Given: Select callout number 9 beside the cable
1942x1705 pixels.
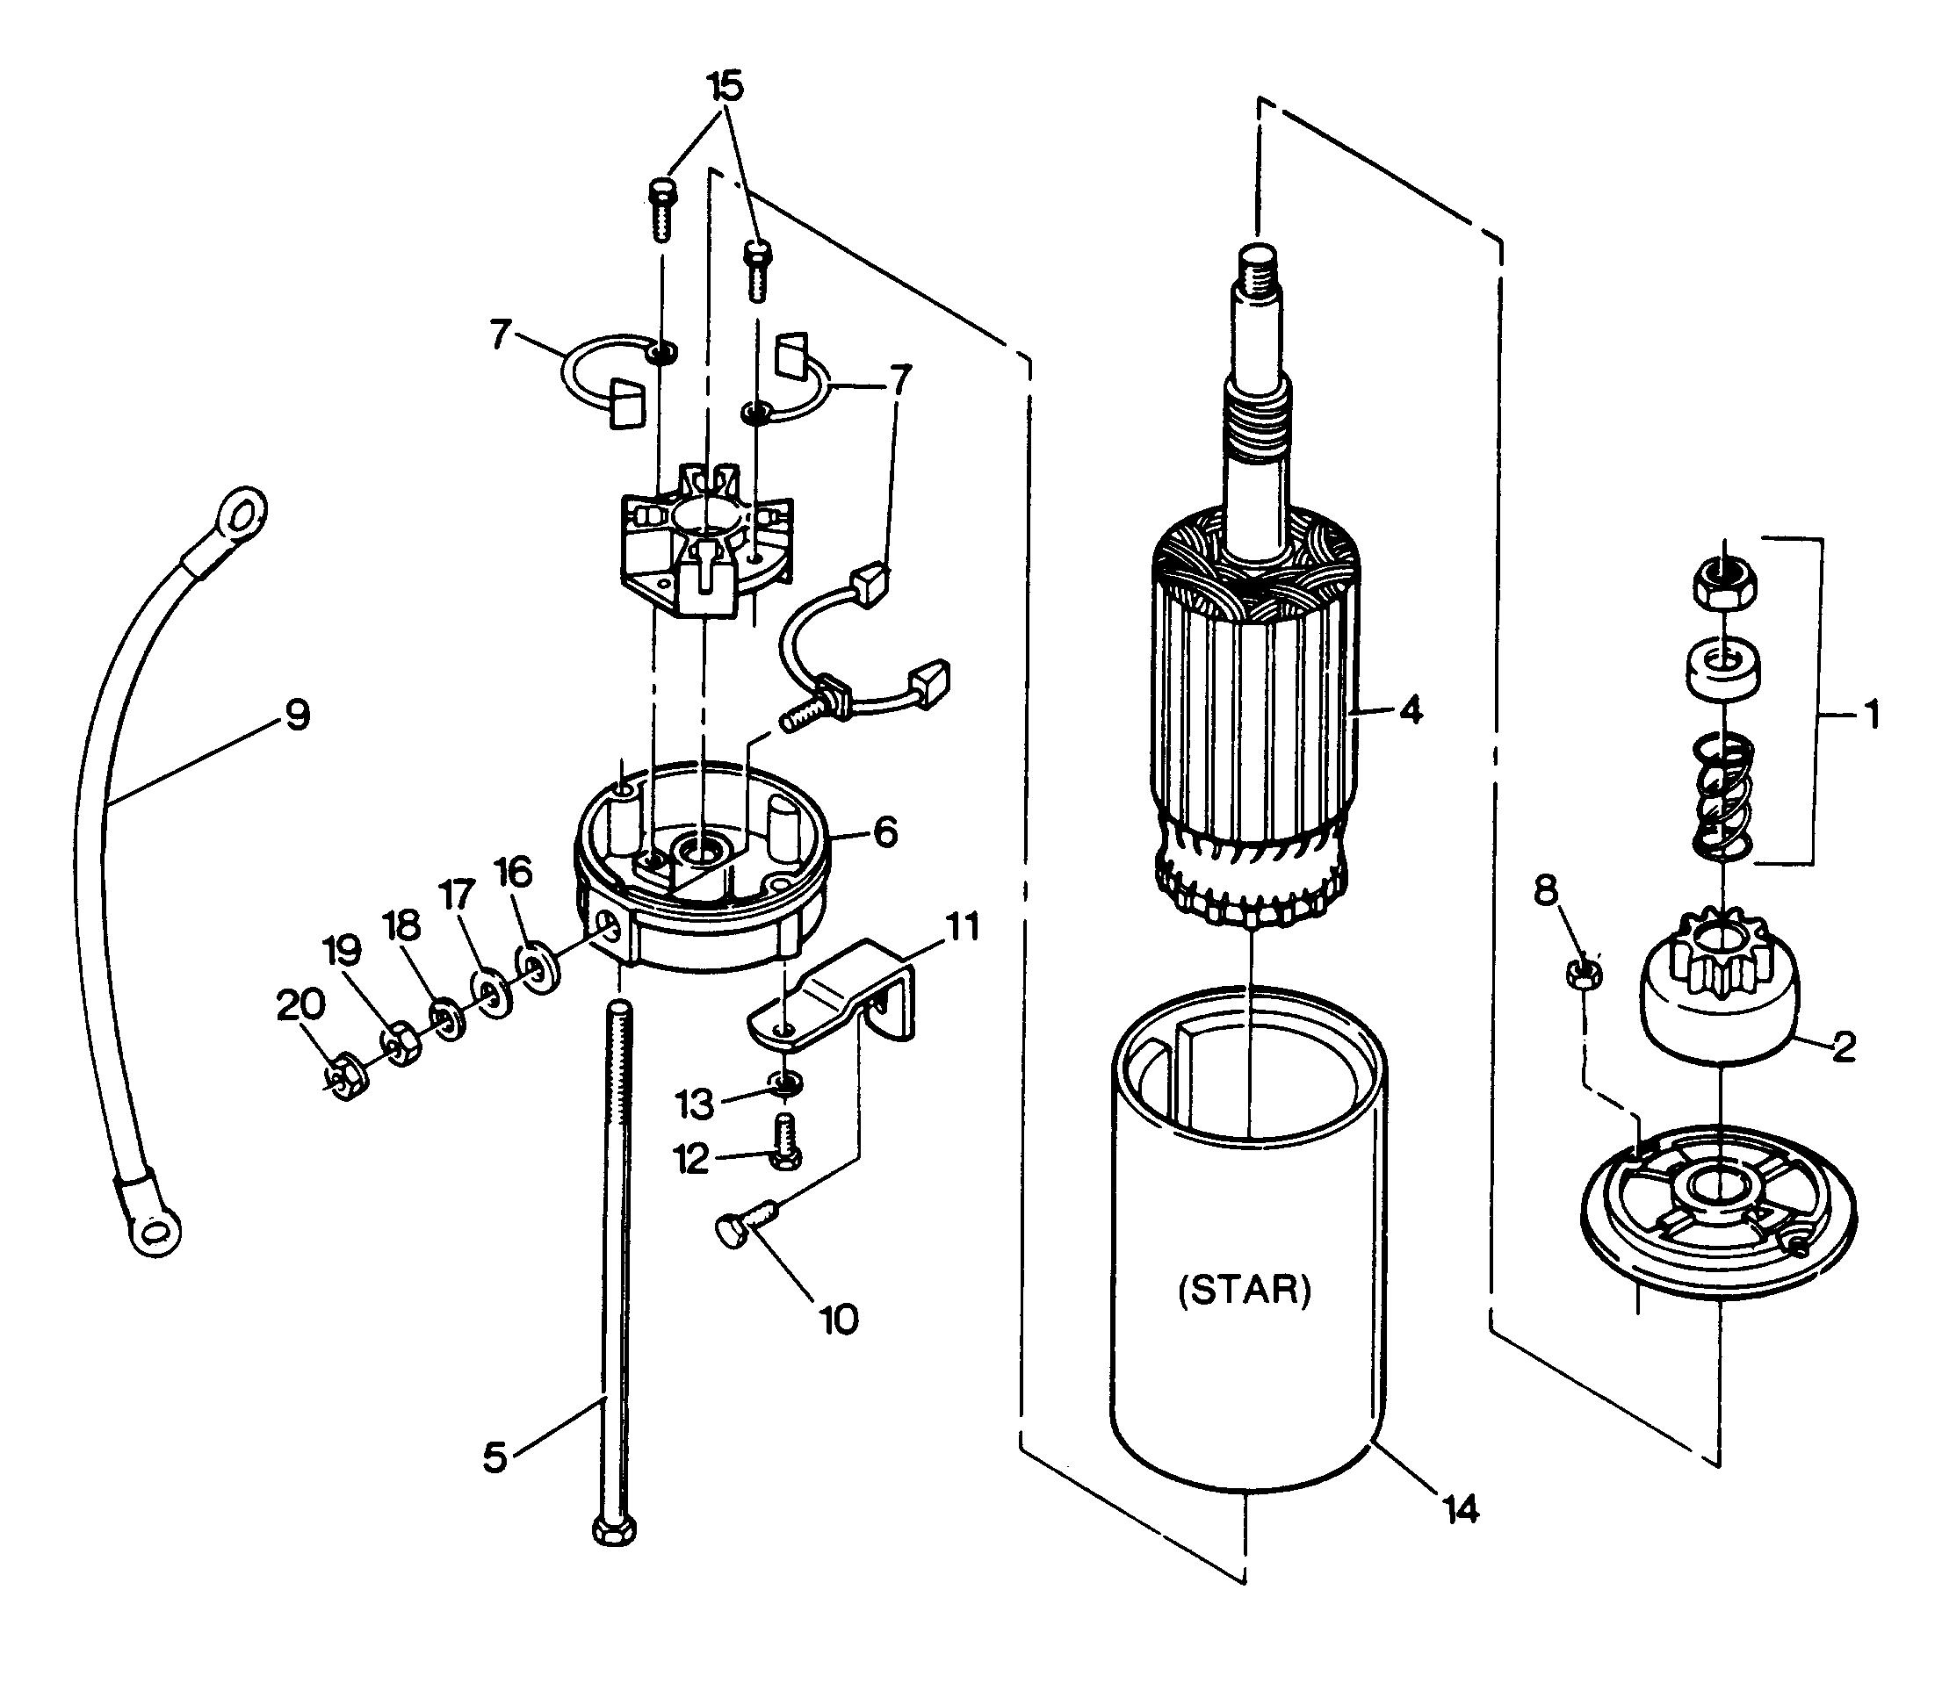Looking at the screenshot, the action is pos(298,715).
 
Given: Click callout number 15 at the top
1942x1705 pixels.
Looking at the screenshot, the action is pos(724,86).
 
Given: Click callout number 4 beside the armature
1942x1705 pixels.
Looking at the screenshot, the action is pos(1411,709).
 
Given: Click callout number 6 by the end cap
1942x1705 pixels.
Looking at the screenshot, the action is pos(884,832).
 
